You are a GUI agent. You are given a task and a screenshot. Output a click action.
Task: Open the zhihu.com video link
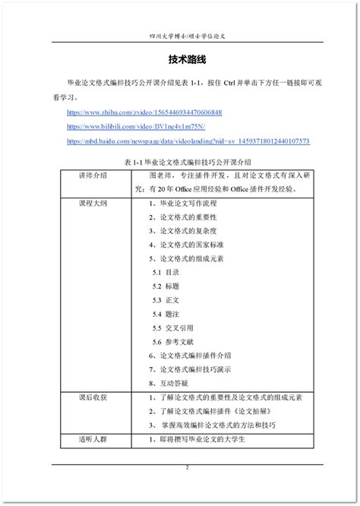(x=144, y=112)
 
